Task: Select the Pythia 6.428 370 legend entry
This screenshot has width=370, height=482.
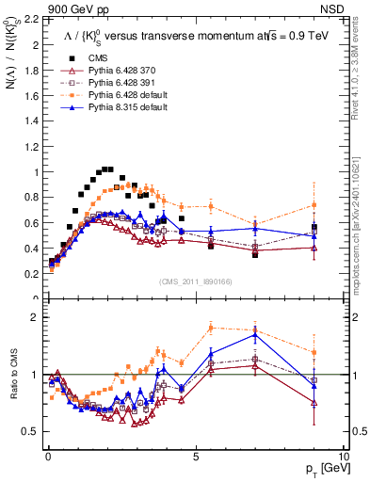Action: coord(111,71)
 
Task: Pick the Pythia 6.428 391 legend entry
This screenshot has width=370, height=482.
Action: coord(111,83)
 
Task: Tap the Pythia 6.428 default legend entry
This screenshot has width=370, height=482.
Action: coord(115,95)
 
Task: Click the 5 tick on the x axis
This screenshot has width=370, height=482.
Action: coord(195,455)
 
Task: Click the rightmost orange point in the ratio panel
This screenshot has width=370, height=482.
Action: coord(315,352)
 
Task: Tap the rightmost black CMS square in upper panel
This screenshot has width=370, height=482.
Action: coord(315,228)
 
